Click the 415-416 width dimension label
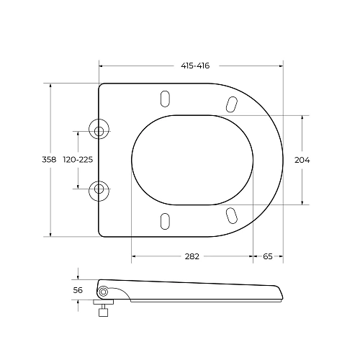[195, 66]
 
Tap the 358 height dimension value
[49, 159]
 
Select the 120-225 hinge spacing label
[78, 159]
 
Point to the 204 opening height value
[302, 160]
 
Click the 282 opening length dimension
[192, 256]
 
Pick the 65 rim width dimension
[268, 256]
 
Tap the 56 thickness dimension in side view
[78, 290]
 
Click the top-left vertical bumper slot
[165, 99]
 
